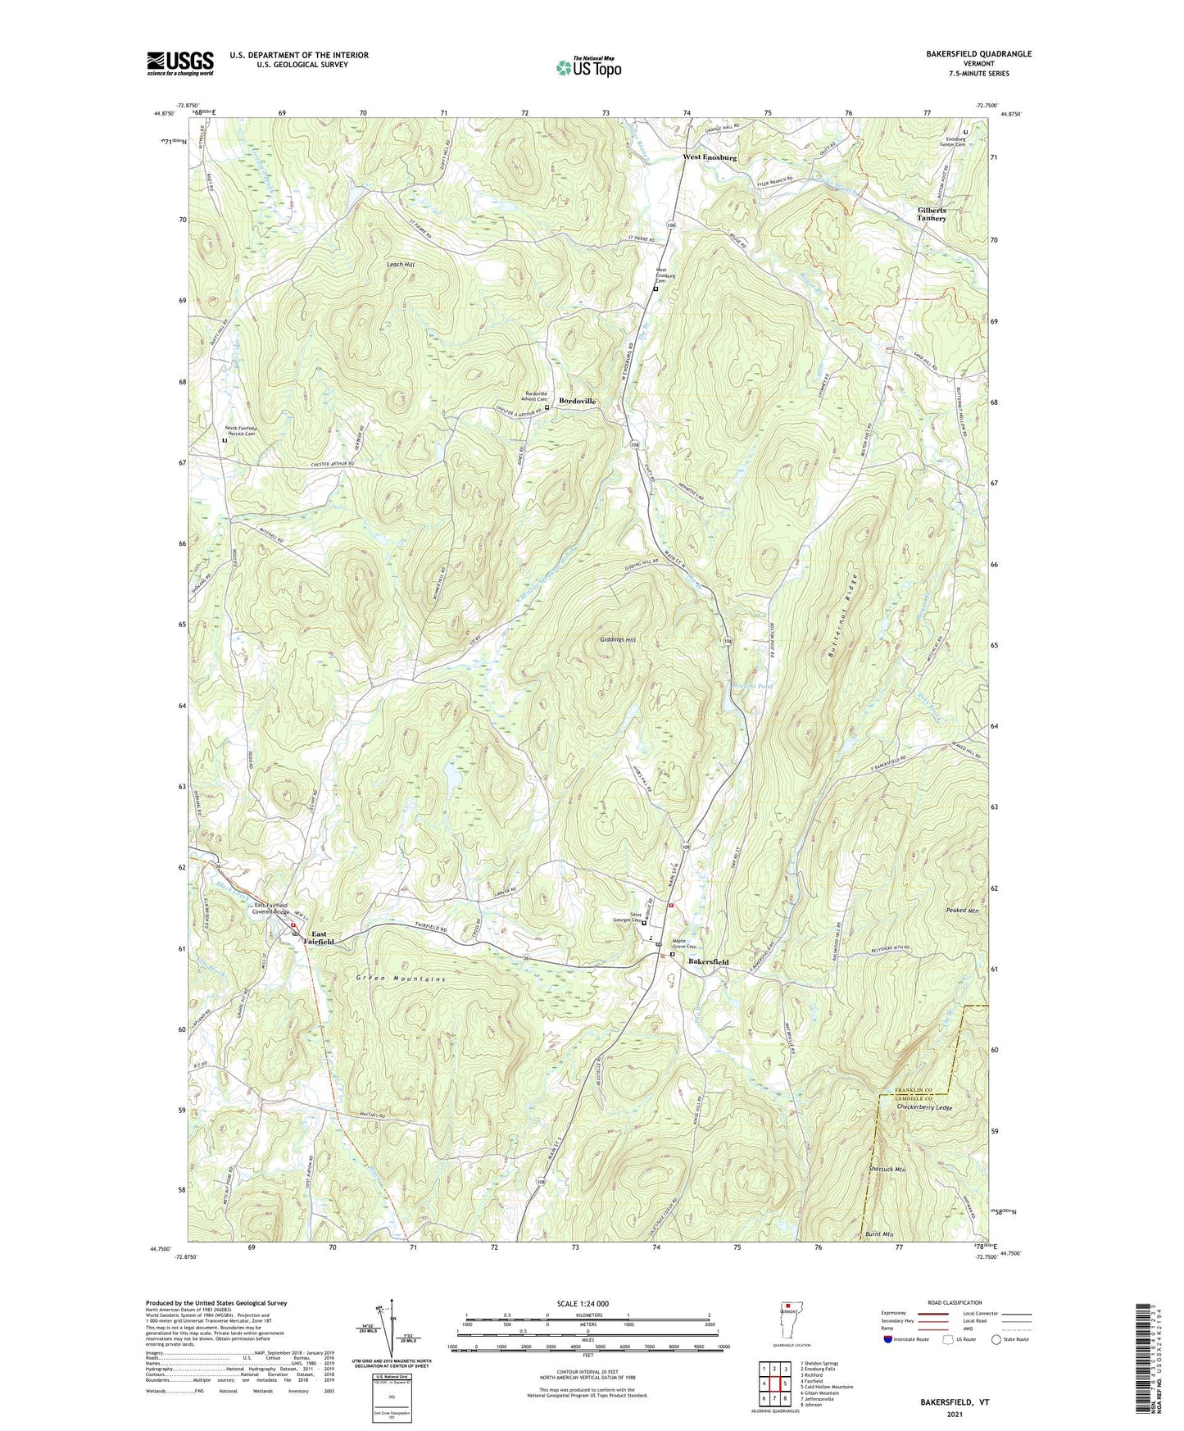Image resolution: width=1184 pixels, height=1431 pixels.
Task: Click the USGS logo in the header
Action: pos(180,63)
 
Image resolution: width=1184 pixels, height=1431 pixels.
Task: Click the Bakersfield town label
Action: pos(708,961)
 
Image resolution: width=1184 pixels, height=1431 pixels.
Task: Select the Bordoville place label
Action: pos(577,401)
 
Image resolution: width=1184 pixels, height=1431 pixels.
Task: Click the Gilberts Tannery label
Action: pos(932,214)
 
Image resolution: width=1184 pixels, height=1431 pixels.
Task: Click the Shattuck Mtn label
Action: pos(887,1170)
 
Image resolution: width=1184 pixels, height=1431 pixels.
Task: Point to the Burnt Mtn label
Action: pos(878,1233)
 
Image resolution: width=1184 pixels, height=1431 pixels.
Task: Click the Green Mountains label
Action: pos(401,979)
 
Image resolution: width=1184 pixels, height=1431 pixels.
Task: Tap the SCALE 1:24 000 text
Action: pos(582,1303)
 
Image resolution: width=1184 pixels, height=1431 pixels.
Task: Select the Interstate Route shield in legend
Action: pos(888,1340)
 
